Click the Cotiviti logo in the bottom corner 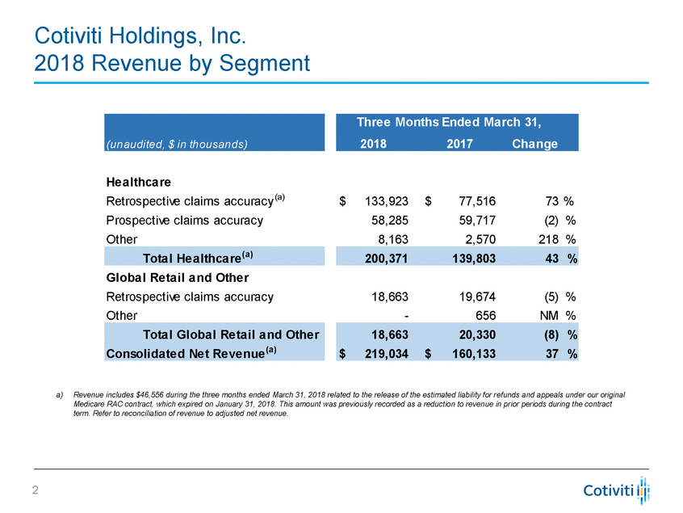[617, 490]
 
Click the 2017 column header [456, 144]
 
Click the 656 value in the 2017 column [484, 315]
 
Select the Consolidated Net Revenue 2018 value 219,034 [385, 353]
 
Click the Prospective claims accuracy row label [184, 220]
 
